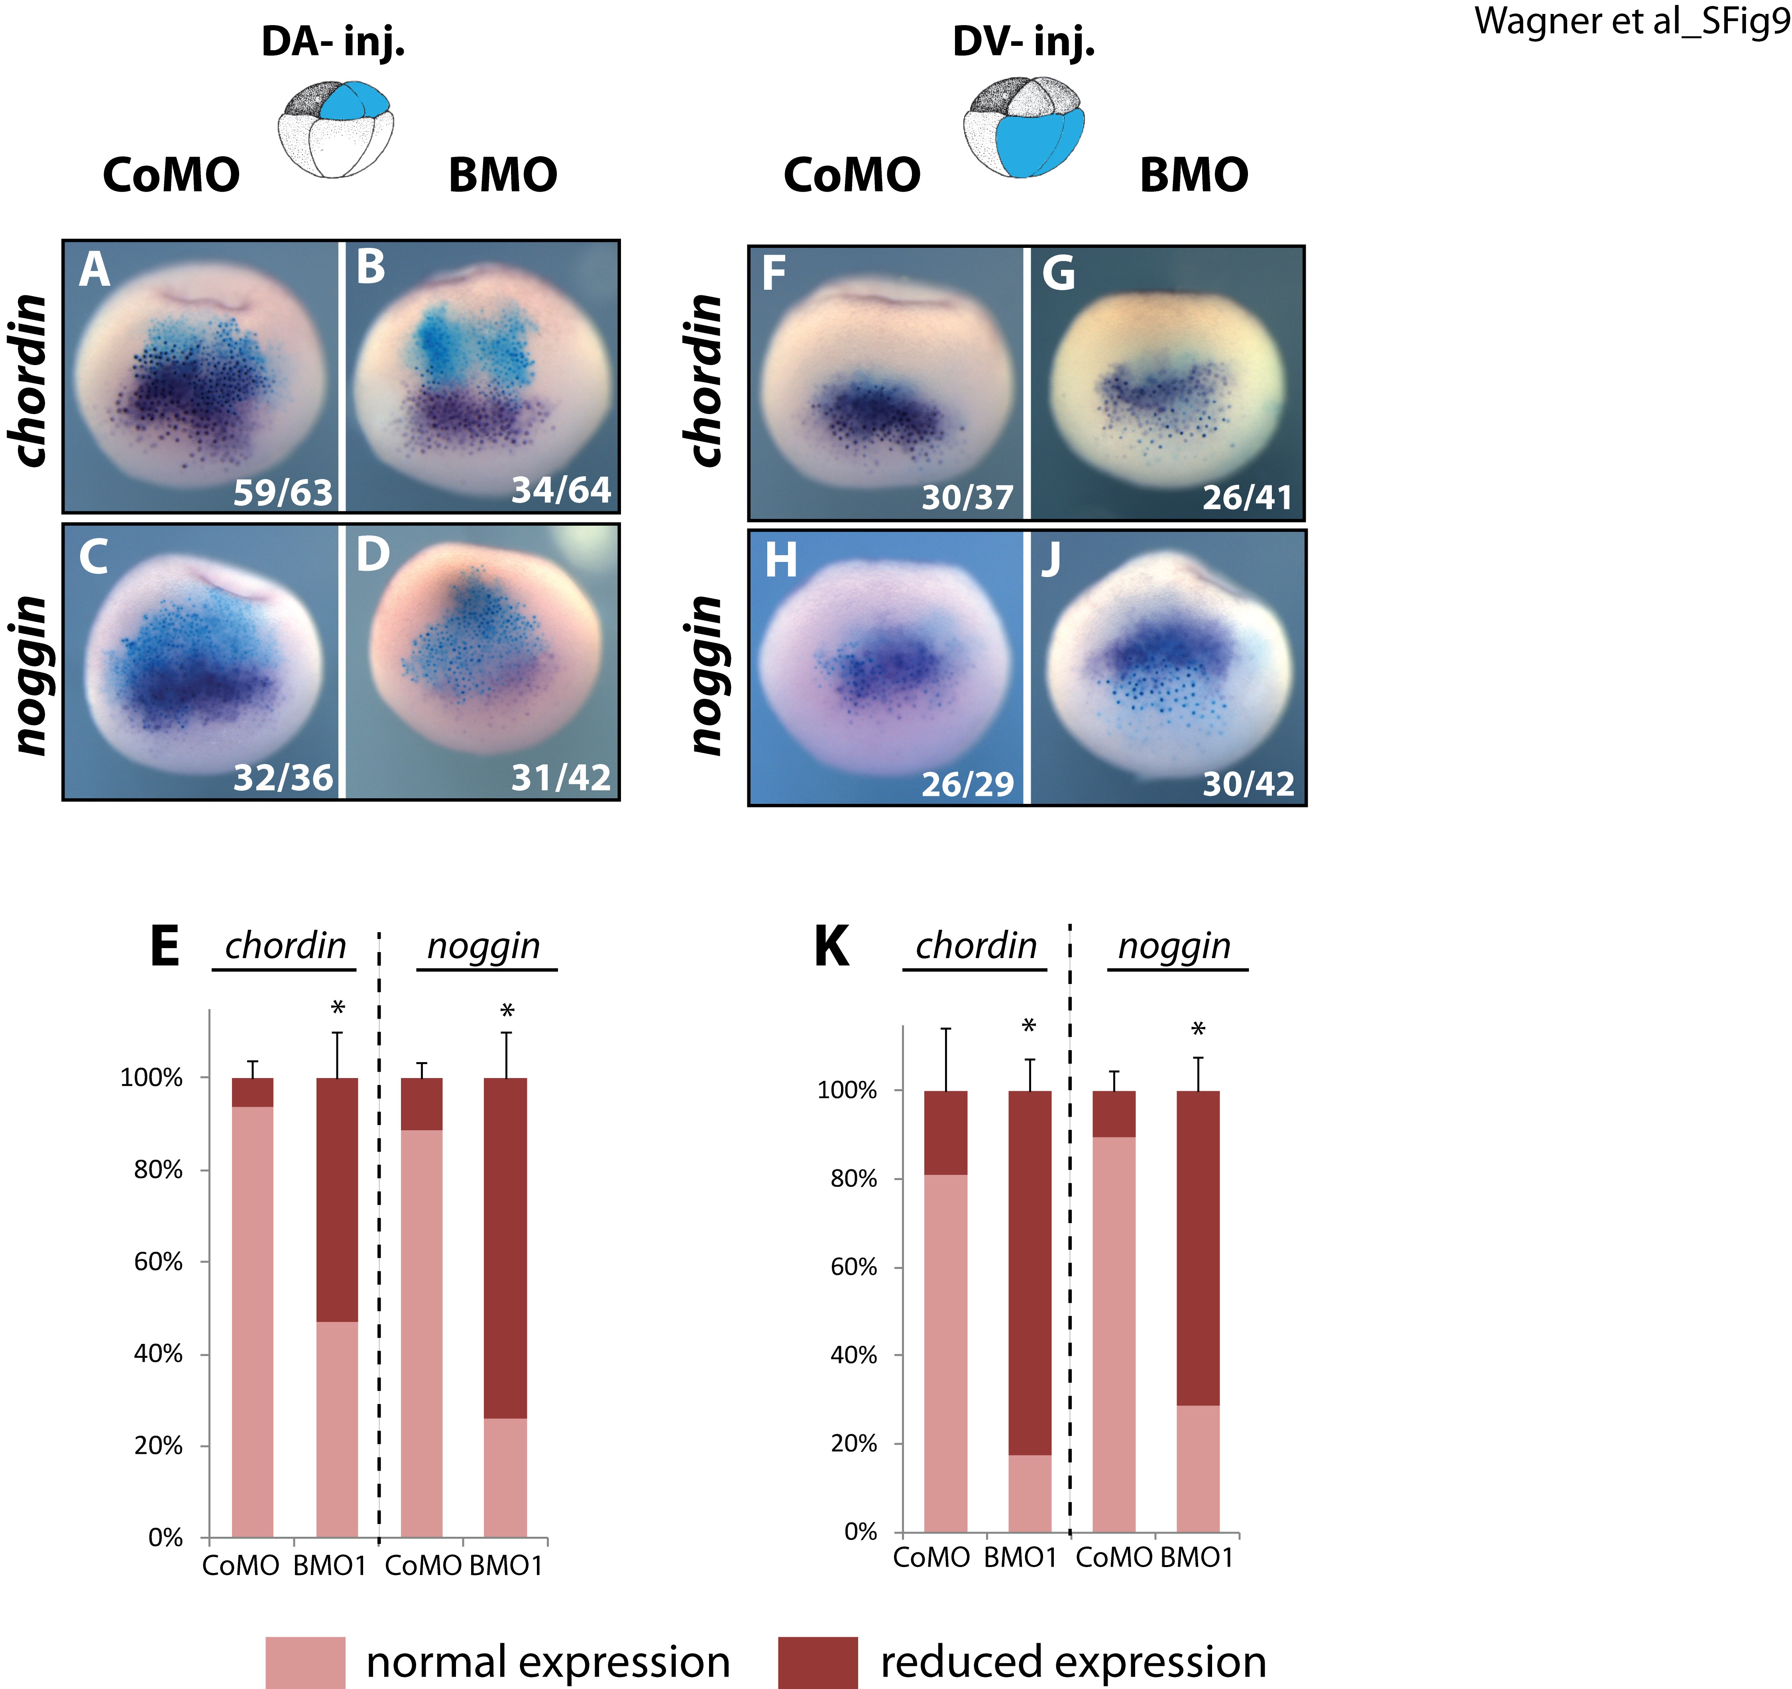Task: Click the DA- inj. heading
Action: click(x=334, y=41)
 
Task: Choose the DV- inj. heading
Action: click(x=1024, y=41)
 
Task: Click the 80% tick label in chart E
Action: click(x=159, y=1170)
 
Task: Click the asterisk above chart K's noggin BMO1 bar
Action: click(x=1198, y=1029)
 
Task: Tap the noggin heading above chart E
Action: click(x=484, y=947)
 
